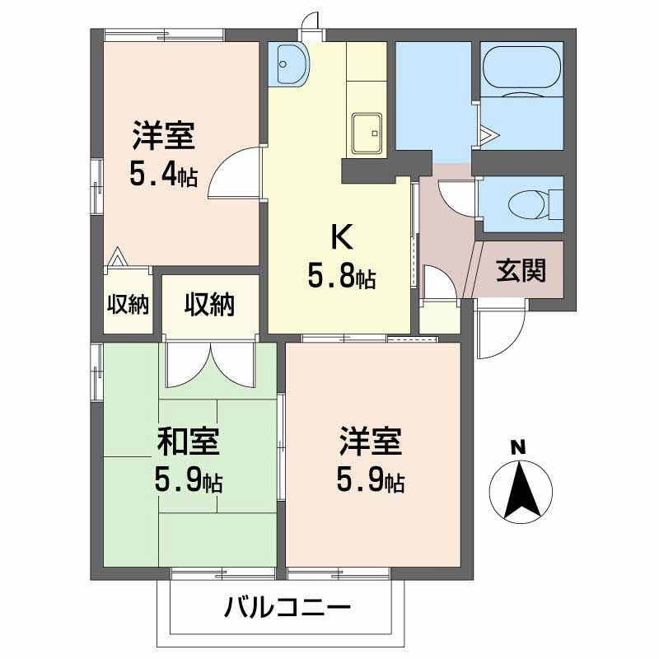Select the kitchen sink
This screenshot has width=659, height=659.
click(x=366, y=132)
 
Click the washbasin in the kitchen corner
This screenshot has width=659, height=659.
click(x=291, y=63)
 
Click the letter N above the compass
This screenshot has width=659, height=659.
click(x=517, y=448)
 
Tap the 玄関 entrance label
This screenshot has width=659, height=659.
click(x=521, y=269)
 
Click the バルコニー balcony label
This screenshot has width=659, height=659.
click(x=287, y=609)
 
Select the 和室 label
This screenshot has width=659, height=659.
click(x=189, y=442)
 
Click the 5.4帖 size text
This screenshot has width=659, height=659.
click(x=163, y=175)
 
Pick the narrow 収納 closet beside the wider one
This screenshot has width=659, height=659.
click(x=128, y=305)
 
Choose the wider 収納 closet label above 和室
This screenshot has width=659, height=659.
click(x=209, y=305)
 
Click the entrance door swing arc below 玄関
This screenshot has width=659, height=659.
click(x=501, y=334)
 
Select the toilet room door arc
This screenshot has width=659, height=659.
click(x=458, y=198)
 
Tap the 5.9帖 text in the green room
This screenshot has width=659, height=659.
click(x=189, y=479)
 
